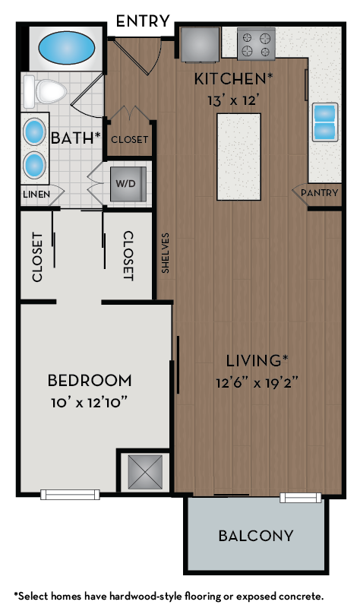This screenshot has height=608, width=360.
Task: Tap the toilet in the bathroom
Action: pyautogui.click(x=46, y=92)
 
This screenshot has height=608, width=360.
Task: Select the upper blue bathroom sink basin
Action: pyautogui.click(x=35, y=131)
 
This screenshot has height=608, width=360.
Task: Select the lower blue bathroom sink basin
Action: pyautogui.click(x=35, y=163)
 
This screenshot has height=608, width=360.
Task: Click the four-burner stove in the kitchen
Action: pyautogui.click(x=256, y=44)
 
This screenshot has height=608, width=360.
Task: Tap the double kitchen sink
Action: pyautogui.click(x=324, y=122)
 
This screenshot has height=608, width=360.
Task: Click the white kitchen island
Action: pyautogui.click(x=238, y=156)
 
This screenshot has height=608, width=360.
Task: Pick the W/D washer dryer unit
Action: pyautogui.click(x=125, y=183)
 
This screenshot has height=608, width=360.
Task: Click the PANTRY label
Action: pyautogui.click(x=319, y=193)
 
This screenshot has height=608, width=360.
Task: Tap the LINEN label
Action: pyautogui.click(x=36, y=195)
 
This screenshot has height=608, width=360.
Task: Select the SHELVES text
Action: pyautogui.click(x=166, y=253)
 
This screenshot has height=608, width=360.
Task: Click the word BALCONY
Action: pyautogui.click(x=256, y=536)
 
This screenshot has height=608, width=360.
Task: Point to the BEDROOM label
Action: pyautogui.click(x=90, y=380)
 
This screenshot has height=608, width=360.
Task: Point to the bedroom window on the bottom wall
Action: pyautogui.click(x=70, y=495)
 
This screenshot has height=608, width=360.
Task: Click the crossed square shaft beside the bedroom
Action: pyautogui.click(x=145, y=471)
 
